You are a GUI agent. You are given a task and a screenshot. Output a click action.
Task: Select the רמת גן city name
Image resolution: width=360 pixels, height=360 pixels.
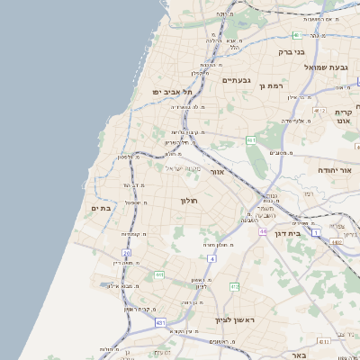pos(269,85)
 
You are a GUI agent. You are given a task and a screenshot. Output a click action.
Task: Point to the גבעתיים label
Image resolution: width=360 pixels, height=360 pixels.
pos(236,80)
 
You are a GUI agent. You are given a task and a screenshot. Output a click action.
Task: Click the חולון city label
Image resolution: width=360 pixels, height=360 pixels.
pos(188,200)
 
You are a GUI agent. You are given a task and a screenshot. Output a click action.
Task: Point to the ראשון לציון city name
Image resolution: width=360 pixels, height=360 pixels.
pos(236,319)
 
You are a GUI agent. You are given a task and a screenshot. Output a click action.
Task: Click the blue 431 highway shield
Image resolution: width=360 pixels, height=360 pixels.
pos(159,321)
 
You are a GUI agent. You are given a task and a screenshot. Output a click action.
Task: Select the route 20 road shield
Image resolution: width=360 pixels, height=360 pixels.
pos(127,254)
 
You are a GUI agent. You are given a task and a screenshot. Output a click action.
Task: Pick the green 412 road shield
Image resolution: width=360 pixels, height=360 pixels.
pos(234,286)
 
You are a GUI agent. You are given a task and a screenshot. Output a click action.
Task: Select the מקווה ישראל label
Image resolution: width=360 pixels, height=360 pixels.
pos(186,168)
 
